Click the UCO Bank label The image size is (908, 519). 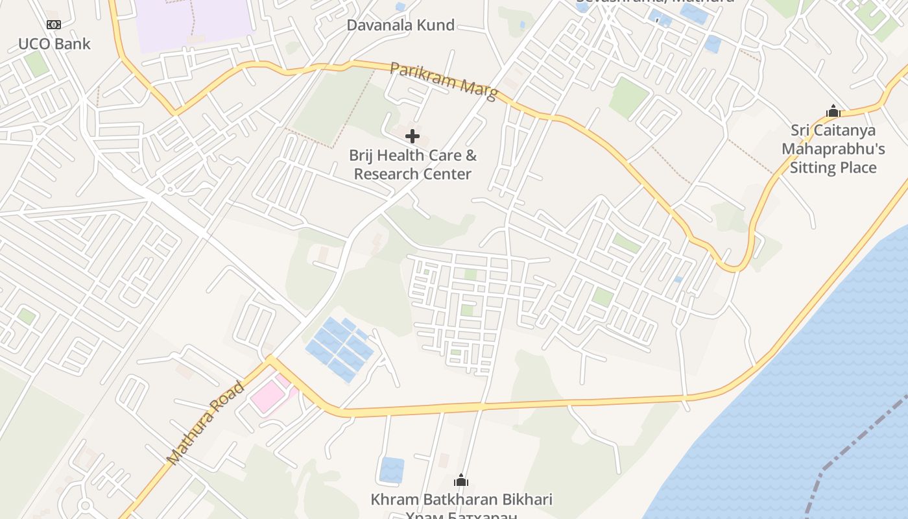click(x=54, y=44)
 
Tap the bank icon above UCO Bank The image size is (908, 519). click(x=54, y=25)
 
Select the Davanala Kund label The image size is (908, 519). click(x=400, y=25)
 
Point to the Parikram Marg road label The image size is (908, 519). click(x=444, y=80)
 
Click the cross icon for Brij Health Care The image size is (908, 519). click(x=412, y=136)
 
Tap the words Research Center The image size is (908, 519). click(x=412, y=174)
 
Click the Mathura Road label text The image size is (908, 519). click(x=206, y=422)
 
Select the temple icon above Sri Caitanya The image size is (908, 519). click(x=833, y=111)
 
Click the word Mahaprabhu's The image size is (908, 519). click(x=833, y=149)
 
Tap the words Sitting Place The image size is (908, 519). click(x=833, y=168)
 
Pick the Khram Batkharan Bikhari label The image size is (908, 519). click(x=461, y=500)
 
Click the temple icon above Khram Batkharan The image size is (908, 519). click(x=461, y=480)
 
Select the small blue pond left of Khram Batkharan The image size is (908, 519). click(x=391, y=470)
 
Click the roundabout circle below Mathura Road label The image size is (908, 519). click(x=85, y=506)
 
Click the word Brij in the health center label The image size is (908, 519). click(x=361, y=155)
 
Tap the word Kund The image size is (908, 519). click(x=438, y=25)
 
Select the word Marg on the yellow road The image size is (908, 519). click(x=479, y=90)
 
